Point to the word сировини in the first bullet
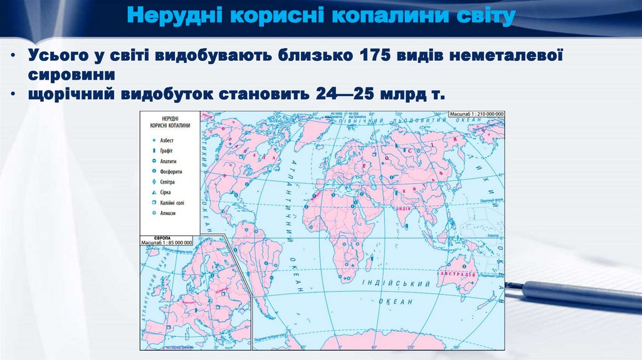71,74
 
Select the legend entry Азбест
166,140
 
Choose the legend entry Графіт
166,151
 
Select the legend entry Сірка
165,192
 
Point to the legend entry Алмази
167,213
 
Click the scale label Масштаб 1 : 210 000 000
476,114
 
